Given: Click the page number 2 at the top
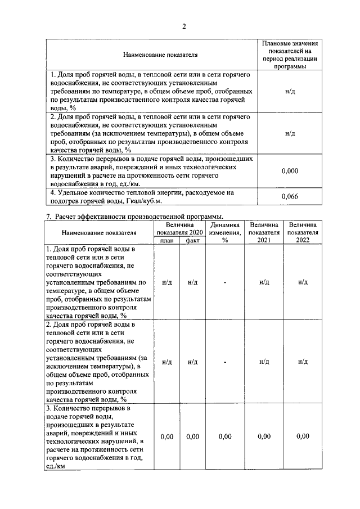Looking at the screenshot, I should click(183, 26).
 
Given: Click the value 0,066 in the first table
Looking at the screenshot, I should click(290, 196).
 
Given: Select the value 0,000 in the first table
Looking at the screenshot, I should click(290, 171).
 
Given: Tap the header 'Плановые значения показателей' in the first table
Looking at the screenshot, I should click(290, 55).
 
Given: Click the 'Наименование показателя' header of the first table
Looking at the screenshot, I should click(153, 55).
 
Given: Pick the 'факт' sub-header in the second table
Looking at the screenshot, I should click(193, 240).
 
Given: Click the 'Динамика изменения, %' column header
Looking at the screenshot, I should click(225, 232).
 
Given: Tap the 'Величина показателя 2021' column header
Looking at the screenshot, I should click(264, 232).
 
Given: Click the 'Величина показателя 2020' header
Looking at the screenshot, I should click(179, 228).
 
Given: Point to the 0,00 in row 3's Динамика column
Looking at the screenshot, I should click(225, 436).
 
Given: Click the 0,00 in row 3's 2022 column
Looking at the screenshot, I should click(303, 436).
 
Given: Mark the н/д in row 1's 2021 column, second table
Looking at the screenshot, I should click(264, 282).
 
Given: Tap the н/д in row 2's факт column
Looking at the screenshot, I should click(193, 362).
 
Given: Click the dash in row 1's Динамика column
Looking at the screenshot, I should click(225, 282).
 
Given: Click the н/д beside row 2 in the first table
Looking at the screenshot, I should click(290, 134).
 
